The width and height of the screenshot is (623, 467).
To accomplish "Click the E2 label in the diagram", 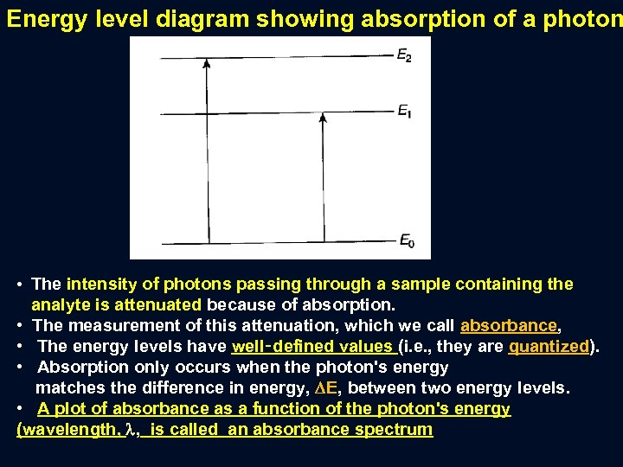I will point(404,57).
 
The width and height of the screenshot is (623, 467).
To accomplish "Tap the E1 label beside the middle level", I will point(404,111).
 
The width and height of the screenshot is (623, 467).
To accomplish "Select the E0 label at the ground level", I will point(406,241).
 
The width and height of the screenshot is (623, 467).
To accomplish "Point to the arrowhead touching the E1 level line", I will point(322,118).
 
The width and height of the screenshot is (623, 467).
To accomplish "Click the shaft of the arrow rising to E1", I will point(322,182).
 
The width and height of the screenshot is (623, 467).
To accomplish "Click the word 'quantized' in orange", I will point(549,346).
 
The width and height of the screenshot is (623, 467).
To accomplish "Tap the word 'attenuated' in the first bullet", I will point(159,304).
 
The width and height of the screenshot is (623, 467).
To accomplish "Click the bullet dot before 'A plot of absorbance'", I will point(21,408).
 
